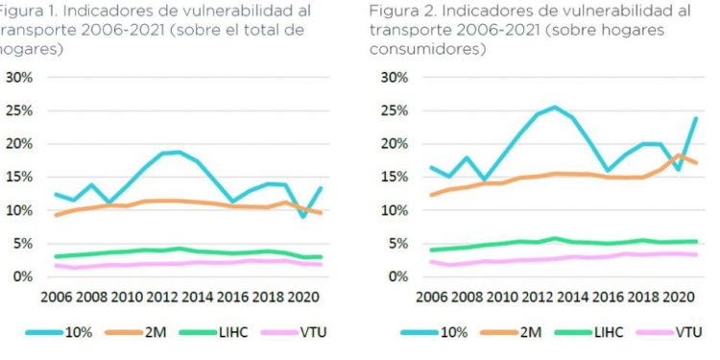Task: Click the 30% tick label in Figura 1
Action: (x=20, y=77)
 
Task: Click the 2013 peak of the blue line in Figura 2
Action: (x=554, y=107)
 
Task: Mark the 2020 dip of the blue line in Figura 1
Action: (x=303, y=216)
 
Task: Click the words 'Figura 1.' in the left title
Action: (x=29, y=11)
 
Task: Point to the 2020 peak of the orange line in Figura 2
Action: (x=679, y=155)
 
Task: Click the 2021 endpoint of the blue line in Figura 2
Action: (x=695, y=118)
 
